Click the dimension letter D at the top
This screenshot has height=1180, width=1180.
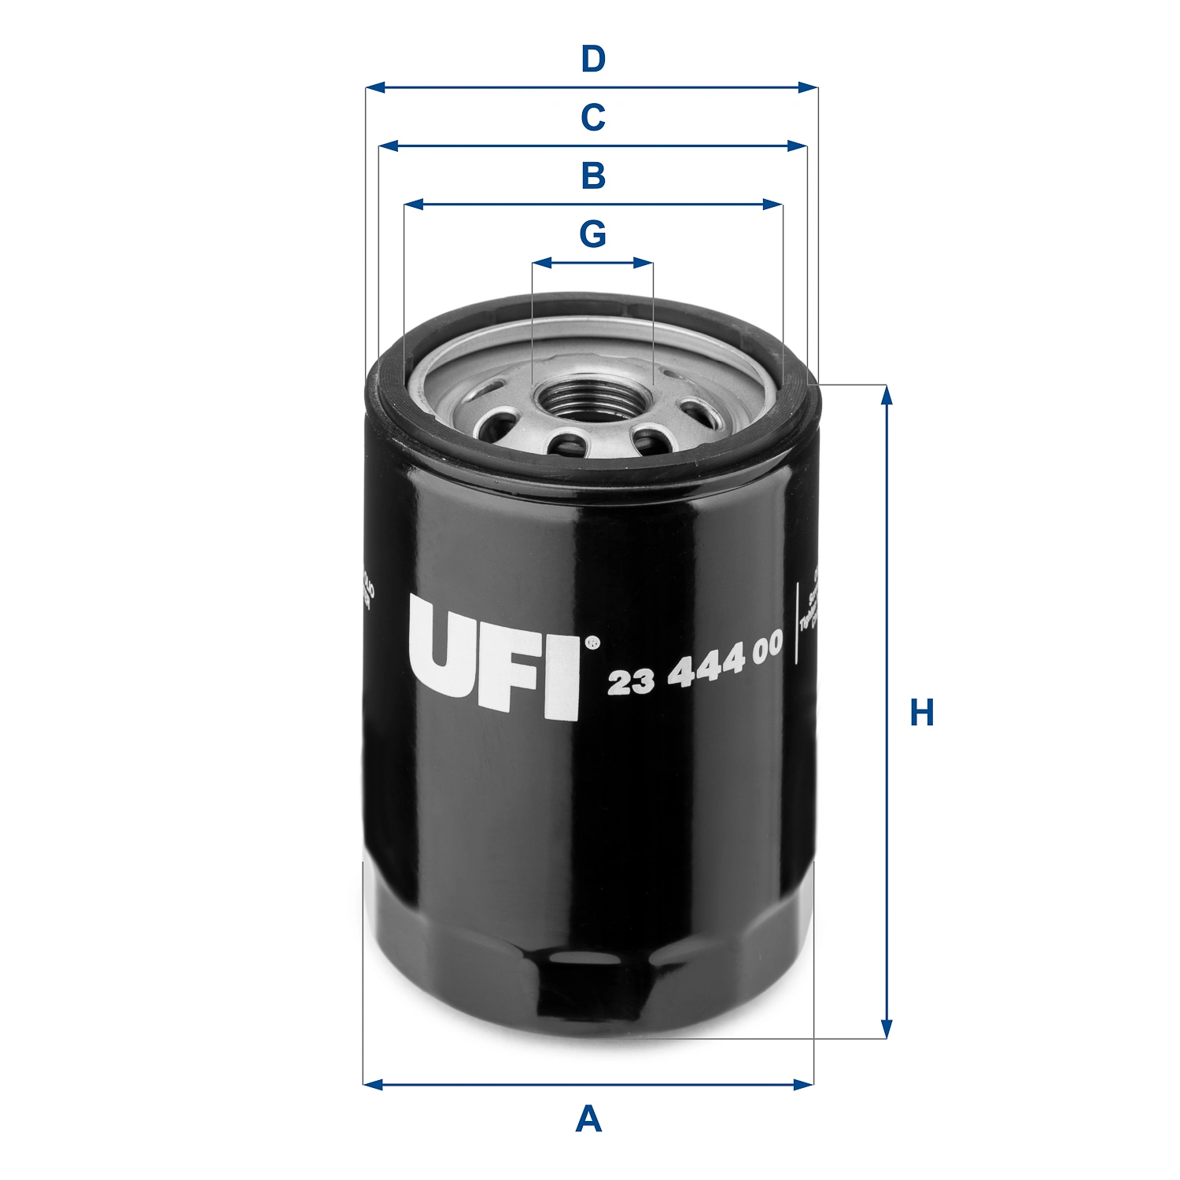pos(593,60)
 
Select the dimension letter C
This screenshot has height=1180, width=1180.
pos(593,118)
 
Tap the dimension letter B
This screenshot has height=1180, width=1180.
pos(593,176)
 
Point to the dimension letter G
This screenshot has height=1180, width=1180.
pos(593,234)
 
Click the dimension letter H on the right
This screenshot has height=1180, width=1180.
pos(922,713)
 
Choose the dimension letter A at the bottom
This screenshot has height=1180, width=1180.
pos(588,1119)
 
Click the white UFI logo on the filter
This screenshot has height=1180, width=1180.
pos(494,658)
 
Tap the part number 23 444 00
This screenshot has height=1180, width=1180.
pos(695,666)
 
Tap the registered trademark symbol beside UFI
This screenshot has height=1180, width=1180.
pos(592,643)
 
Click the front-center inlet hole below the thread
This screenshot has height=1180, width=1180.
pos(570,446)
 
